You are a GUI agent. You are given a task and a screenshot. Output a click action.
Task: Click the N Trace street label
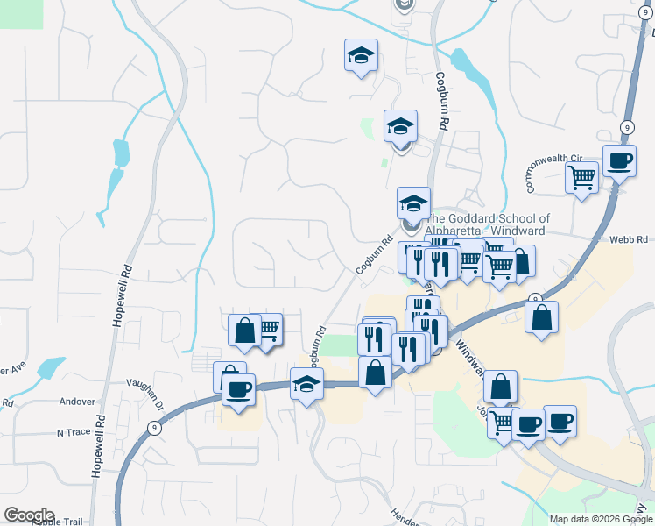[74, 432]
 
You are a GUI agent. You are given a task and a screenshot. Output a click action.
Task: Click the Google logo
[28, 515]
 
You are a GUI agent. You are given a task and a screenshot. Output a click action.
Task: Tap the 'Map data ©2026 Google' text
[599, 519]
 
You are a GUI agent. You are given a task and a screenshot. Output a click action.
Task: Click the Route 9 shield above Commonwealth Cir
[627, 127]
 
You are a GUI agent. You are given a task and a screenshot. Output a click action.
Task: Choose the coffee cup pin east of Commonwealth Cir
[620, 161]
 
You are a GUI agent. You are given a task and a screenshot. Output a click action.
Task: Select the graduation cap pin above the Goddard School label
[413, 204]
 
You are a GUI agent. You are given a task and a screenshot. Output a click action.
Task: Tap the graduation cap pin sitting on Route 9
[306, 384]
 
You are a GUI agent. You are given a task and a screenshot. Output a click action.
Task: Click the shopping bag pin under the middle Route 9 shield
[542, 317]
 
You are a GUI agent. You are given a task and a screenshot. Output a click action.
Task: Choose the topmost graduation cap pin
[361, 55]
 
